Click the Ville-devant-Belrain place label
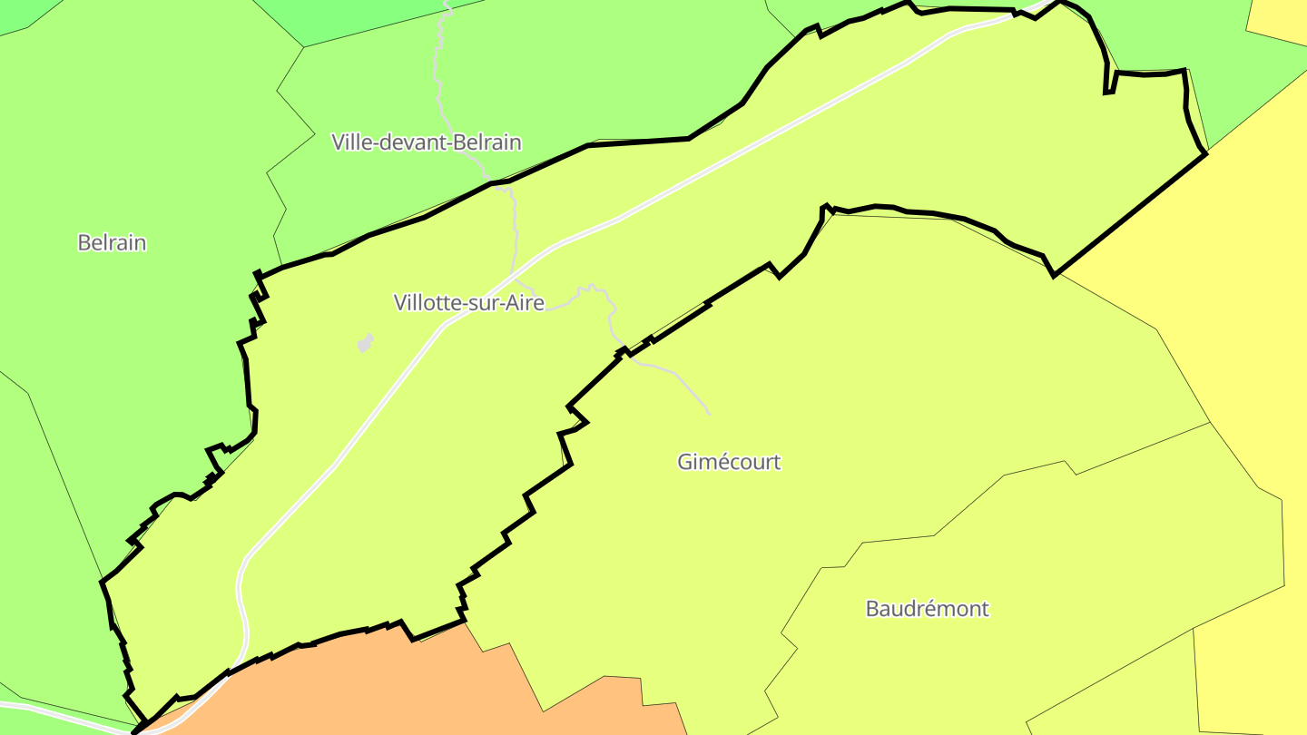(427, 142)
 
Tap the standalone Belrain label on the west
(112, 242)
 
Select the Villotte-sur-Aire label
(468, 302)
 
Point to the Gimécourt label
(729, 462)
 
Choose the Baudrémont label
(927, 608)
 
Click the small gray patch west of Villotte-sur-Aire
(366, 343)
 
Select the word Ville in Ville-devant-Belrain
(352, 142)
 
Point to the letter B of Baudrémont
(873, 608)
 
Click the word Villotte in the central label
(427, 302)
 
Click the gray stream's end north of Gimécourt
(709, 414)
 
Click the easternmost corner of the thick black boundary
(1206, 153)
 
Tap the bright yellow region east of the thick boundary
(1253, 272)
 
